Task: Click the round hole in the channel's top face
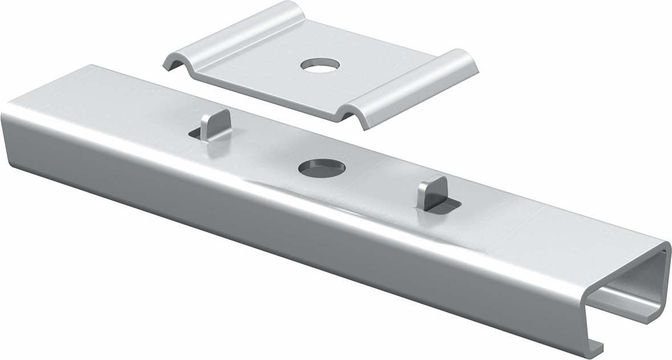[x=322, y=167]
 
